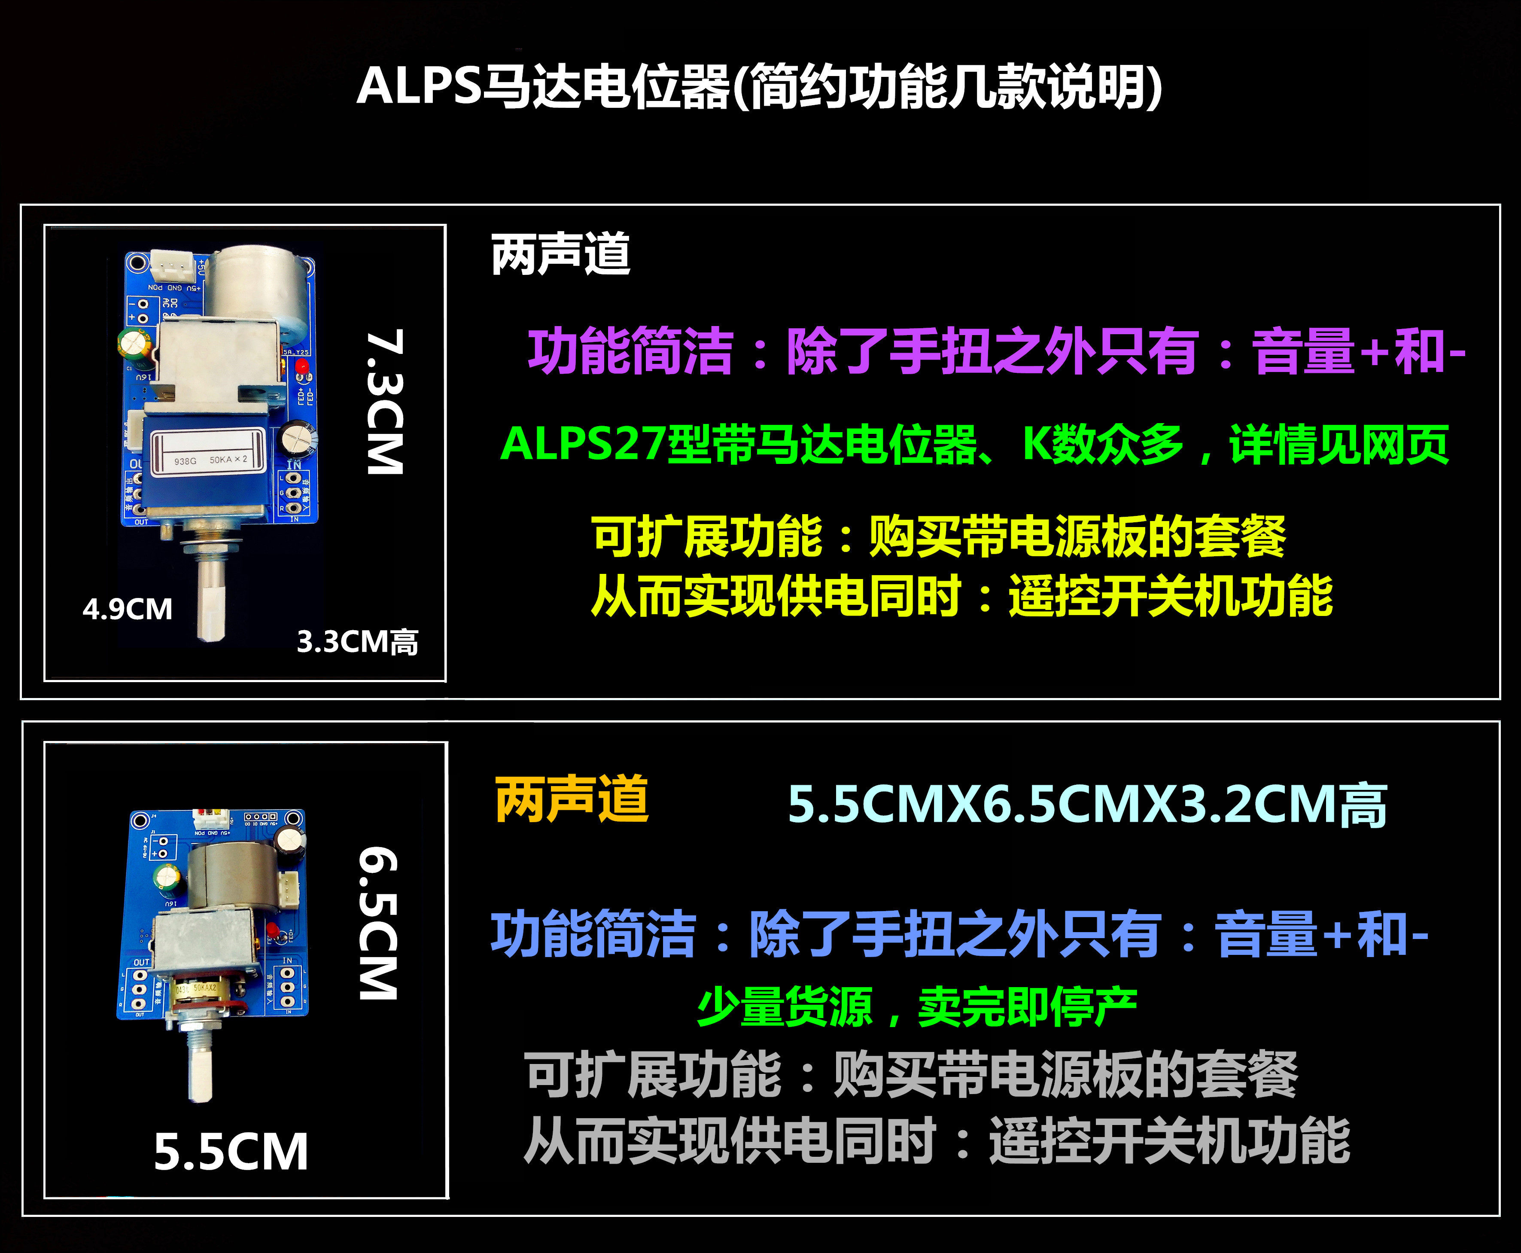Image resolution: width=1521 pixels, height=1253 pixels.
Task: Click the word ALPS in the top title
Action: pyautogui.click(x=419, y=87)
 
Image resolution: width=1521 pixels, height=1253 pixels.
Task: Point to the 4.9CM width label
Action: pyautogui.click(x=128, y=609)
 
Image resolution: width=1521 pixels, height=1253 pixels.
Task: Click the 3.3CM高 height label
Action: pyautogui.click(x=358, y=642)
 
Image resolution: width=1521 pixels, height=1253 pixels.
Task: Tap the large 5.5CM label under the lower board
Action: pyautogui.click(x=231, y=1152)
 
